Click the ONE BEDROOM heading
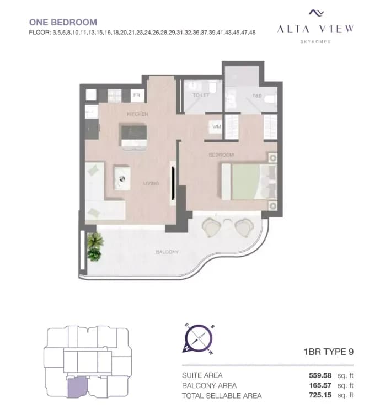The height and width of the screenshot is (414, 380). click(62, 23)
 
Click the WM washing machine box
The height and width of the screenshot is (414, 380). click(216, 127)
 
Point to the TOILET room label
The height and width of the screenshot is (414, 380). click(201, 95)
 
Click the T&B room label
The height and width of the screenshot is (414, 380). click(257, 95)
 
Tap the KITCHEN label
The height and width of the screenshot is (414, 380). click(137, 114)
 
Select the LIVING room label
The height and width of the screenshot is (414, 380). click(151, 183)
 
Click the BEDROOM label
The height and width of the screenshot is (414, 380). click(221, 155)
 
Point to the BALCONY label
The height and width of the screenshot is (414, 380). click(167, 252)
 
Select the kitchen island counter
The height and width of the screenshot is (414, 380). click(134, 135)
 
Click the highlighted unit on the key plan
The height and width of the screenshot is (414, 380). click(74, 386)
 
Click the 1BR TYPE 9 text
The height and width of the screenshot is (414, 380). click(328, 352)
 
